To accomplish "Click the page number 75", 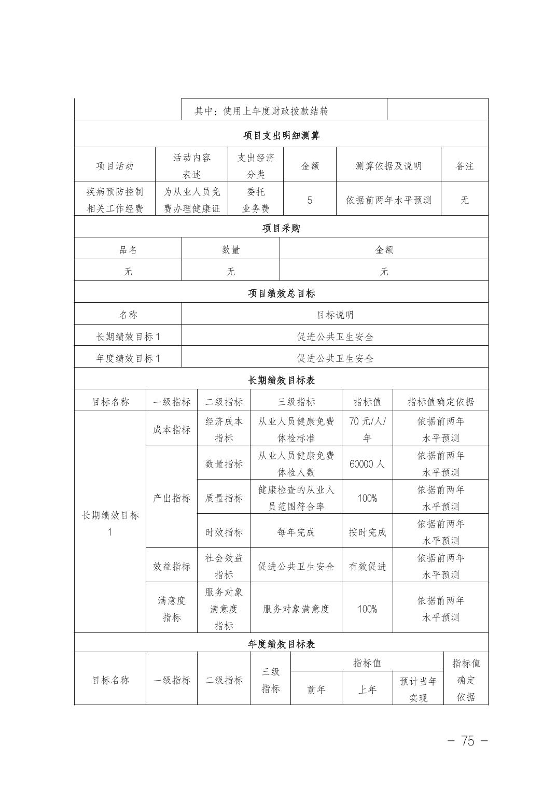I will (x=467, y=741).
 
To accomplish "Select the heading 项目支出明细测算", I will (x=281, y=136).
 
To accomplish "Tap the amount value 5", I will (x=310, y=200).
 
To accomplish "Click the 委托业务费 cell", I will (x=256, y=200).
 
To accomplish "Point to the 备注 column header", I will (x=464, y=166).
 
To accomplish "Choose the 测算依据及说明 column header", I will (x=388, y=166).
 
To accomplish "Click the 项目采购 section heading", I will (x=281, y=228).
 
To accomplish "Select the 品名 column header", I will (x=128, y=250).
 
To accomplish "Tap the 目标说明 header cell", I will (x=335, y=315).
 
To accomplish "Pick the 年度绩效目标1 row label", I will (x=128, y=358).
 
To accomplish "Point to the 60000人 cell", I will (x=367, y=464).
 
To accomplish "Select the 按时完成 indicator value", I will (x=367, y=532).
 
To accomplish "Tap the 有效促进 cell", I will (x=367, y=567).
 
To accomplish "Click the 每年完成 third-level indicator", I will (x=296, y=532).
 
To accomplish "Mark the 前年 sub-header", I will (x=316, y=689).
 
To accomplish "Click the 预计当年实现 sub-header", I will (x=418, y=689).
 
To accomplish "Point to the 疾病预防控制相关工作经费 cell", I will (x=115, y=200).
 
